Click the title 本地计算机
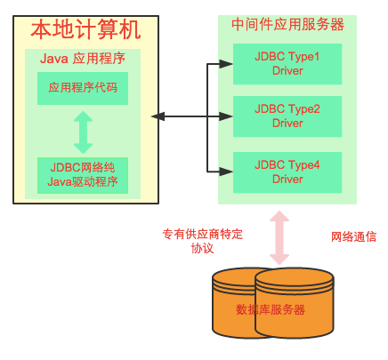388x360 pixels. (85, 29)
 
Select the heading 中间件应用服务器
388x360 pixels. (287, 25)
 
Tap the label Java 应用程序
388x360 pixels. (83, 59)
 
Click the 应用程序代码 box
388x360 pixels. (83, 88)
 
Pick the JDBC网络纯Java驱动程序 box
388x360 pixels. (83, 175)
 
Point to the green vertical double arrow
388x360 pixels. (83, 132)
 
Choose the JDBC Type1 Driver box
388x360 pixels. (287, 64)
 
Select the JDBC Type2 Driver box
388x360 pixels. (287, 116)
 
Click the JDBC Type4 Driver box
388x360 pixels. (287, 172)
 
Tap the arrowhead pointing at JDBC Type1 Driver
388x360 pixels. (226, 64)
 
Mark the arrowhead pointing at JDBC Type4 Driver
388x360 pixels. (226, 172)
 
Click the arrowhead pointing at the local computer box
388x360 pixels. (158, 116)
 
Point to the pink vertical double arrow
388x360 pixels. (279, 237)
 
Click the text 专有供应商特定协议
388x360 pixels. (203, 241)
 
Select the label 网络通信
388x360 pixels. (353, 237)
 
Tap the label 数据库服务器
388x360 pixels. (271, 309)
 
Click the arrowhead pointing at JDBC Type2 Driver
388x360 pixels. (226, 116)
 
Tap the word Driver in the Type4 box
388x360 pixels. (287, 180)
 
